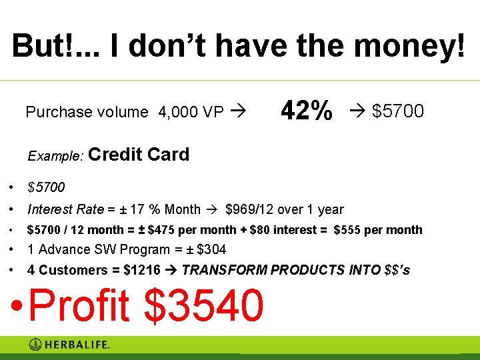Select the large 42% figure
(x=306, y=111)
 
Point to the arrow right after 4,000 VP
(x=236, y=112)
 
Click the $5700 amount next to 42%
(x=397, y=111)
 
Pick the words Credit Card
(x=138, y=155)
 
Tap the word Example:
(x=55, y=156)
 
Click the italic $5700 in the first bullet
(x=46, y=187)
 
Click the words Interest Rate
(x=65, y=209)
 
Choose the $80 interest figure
(x=261, y=230)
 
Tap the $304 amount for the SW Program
(x=211, y=249)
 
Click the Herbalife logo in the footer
(x=69, y=345)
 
